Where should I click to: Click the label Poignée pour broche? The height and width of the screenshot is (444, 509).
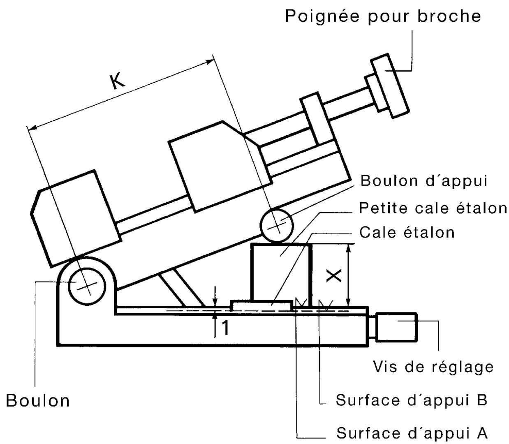pos(383,16)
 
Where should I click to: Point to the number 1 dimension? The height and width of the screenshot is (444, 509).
pos(225,328)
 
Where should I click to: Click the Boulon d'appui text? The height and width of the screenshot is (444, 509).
pos(423,181)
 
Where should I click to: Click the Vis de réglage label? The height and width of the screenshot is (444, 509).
pos(433,366)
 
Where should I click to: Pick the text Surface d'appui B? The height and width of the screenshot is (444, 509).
pos(412,400)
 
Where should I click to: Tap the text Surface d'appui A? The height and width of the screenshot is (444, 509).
pos(412,432)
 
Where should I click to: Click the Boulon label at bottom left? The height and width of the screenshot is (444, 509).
pos(38,400)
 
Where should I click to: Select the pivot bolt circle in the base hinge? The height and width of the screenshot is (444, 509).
pos(86,286)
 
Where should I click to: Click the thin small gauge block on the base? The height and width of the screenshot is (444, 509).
pos(261,305)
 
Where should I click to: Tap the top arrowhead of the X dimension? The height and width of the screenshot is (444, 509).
pos(349,247)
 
